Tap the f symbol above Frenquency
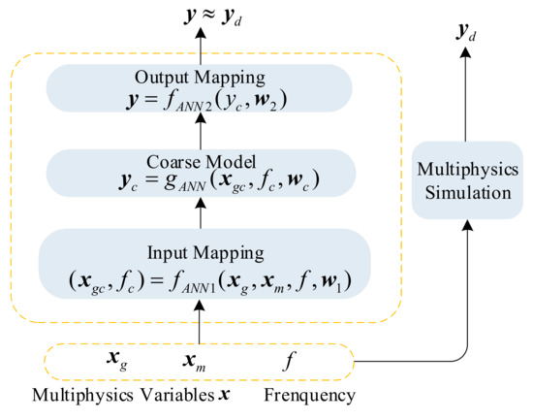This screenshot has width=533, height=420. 289,363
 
